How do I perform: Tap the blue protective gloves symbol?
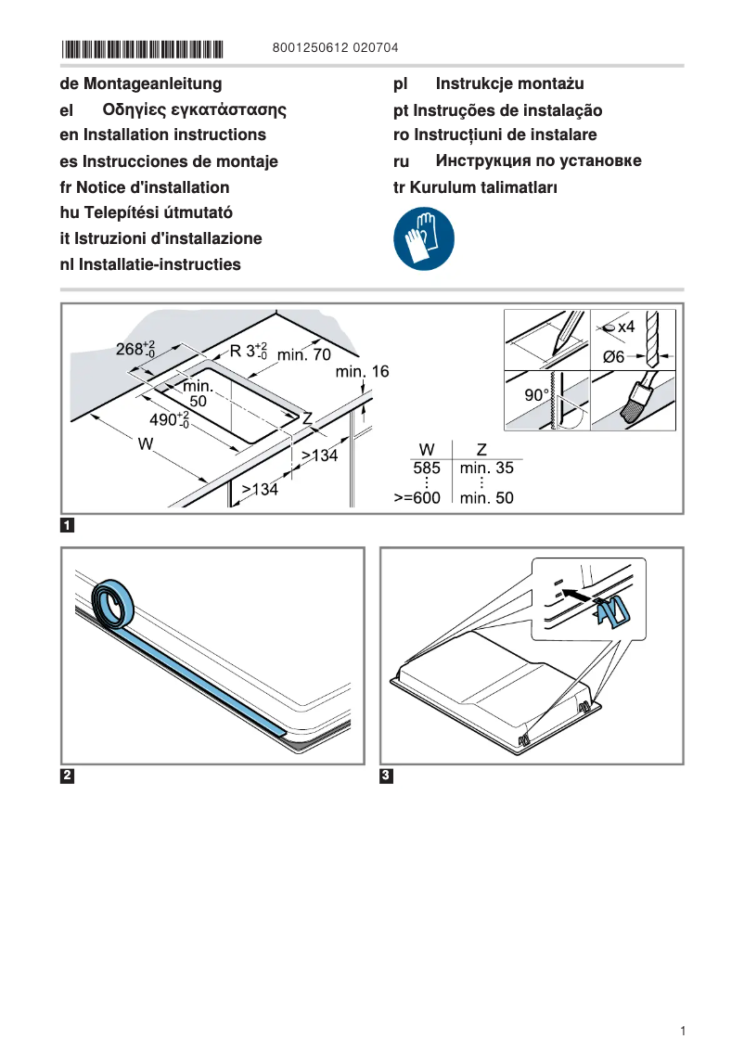click(424, 238)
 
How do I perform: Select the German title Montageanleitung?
click(152, 84)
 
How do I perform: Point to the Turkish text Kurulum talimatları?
click(485, 187)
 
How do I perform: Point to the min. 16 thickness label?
click(362, 372)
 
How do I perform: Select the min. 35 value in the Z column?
click(486, 468)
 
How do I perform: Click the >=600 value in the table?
click(417, 498)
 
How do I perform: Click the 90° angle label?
click(537, 395)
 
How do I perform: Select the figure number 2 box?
click(68, 776)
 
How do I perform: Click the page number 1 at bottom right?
click(682, 1031)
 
